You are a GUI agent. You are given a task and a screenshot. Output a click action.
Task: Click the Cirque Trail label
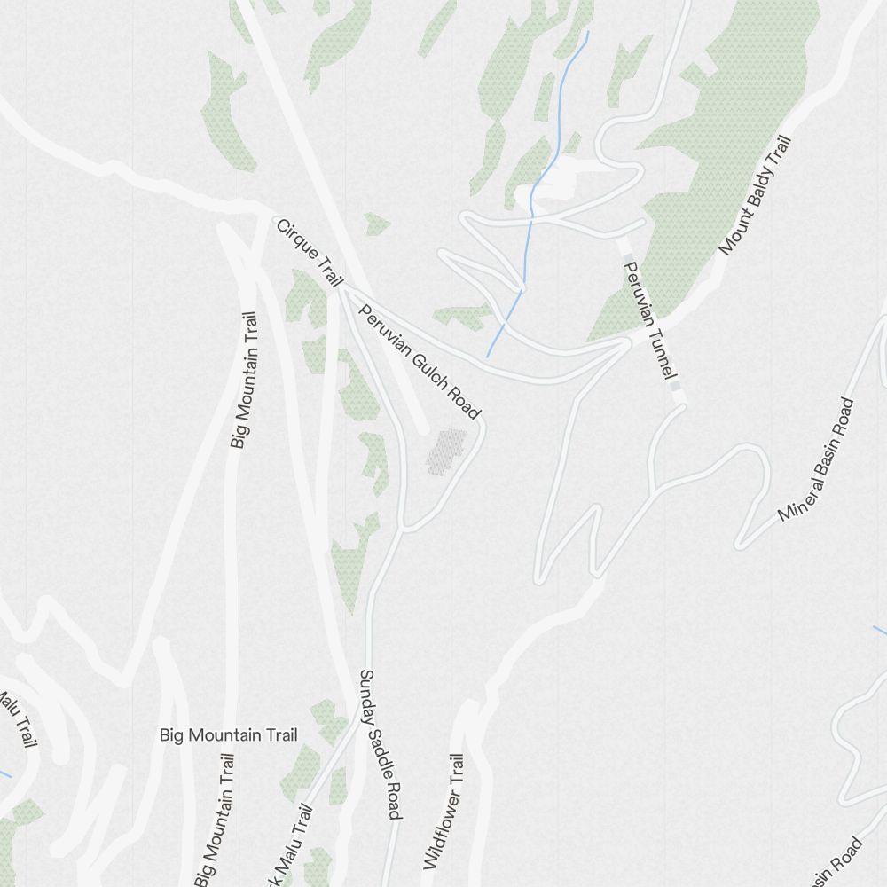(x=310, y=253)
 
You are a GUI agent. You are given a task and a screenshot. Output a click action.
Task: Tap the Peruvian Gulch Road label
(x=419, y=361)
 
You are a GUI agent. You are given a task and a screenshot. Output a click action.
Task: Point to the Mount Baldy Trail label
(x=754, y=195)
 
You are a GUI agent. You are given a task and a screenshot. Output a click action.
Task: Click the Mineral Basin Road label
(x=817, y=459)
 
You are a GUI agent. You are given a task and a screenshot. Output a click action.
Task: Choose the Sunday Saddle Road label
(x=381, y=744)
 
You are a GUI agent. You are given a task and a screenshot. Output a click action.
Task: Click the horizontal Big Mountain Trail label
(x=229, y=734)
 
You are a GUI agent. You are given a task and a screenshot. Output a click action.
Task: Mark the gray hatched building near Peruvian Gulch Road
(x=446, y=451)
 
